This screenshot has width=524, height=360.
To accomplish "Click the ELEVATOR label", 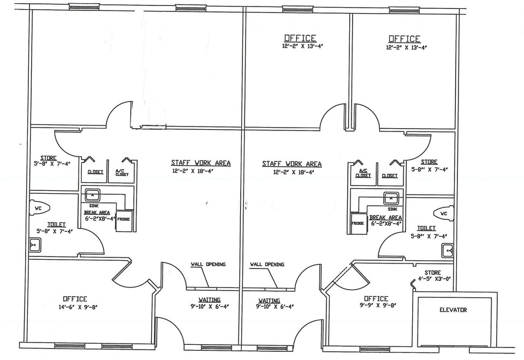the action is pos(453,310).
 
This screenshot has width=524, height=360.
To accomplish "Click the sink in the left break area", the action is pos(93,194).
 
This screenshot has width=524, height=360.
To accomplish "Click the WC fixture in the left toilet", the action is pos(40,208).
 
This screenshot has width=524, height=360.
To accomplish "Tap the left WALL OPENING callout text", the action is pos(208,264).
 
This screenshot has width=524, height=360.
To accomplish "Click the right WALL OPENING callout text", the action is pos(267,265).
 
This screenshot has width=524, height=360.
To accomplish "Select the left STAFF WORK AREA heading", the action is pos(201,163).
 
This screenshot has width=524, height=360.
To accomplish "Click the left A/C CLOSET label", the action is pos(122,172).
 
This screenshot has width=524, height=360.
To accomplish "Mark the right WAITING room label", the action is pos(269,301).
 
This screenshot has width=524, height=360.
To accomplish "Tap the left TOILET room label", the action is pos(56,225).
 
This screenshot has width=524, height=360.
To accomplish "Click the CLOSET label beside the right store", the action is pos(390,176).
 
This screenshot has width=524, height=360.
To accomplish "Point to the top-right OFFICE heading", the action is pos(404,39).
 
